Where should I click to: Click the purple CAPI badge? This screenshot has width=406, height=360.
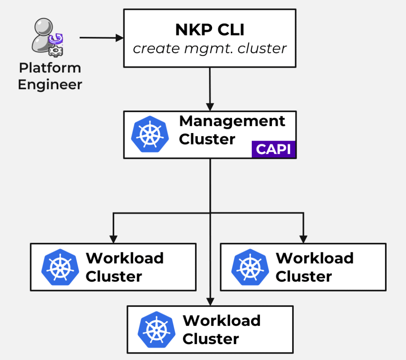(x=274, y=149)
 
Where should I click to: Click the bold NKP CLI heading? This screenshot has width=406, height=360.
(x=210, y=30)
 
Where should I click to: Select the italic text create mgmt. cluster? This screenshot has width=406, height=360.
(x=210, y=48)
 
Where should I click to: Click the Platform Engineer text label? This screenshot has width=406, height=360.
(x=50, y=76)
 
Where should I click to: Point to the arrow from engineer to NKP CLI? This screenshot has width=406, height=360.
(x=101, y=38)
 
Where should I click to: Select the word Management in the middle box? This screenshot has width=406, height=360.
(x=232, y=121)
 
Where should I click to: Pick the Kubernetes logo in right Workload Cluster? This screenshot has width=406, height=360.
(x=250, y=267)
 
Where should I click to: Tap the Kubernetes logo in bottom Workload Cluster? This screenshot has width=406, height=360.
(x=157, y=330)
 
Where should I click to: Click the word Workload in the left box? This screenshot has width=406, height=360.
(x=124, y=258)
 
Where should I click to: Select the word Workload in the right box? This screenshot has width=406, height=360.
(x=314, y=258)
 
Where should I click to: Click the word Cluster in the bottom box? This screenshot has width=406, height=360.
(x=211, y=339)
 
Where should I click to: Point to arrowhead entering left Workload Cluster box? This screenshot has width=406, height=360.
(x=113, y=239)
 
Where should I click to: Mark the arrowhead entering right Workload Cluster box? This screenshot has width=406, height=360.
(x=303, y=239)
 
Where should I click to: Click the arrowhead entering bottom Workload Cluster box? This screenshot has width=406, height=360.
(x=210, y=301)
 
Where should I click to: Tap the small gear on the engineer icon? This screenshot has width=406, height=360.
(x=53, y=50)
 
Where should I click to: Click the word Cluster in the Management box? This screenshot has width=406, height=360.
(x=207, y=139)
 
